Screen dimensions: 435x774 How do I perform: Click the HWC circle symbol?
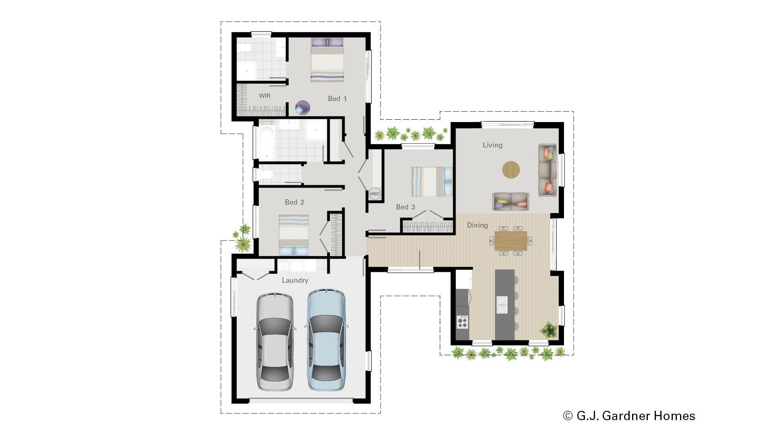[375, 194]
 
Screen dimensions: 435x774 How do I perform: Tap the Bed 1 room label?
[337, 99]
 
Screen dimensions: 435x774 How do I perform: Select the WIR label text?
[264, 96]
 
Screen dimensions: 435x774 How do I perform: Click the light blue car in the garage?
[326, 340]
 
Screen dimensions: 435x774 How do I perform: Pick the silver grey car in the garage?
[275, 342]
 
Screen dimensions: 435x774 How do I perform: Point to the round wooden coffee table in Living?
[511, 170]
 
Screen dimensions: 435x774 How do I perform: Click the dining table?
[510, 240]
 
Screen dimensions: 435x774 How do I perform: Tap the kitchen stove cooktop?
[462, 322]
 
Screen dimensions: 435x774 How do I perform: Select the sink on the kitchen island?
[502, 304]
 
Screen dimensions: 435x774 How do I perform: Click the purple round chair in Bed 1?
[302, 108]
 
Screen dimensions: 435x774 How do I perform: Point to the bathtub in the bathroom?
[266, 143]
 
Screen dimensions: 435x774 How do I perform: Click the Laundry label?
[295, 280]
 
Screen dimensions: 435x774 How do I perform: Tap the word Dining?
[477, 225]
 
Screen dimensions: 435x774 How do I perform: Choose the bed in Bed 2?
[293, 234]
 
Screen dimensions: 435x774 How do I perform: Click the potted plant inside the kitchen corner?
[549, 330]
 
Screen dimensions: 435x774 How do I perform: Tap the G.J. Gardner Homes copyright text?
[629, 416]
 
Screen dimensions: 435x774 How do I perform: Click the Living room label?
[492, 145]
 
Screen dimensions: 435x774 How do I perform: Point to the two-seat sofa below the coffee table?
[510, 201]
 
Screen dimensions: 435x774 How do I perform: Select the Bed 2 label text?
[294, 202]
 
